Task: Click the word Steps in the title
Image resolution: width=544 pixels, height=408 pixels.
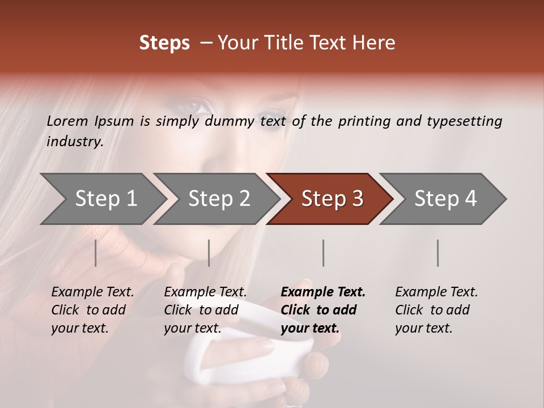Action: pos(164,43)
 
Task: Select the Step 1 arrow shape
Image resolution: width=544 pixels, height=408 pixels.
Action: pos(102,198)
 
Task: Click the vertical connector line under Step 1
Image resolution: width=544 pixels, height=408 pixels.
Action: pos(96,253)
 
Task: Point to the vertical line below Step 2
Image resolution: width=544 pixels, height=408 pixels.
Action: pos(209,253)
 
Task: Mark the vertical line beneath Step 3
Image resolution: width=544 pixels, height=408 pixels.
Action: pos(323,253)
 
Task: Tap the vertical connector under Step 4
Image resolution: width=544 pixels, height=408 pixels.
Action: pos(437,253)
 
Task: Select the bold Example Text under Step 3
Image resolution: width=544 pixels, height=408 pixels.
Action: pos(323,310)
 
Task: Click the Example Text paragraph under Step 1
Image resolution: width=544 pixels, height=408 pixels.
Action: pos(92,310)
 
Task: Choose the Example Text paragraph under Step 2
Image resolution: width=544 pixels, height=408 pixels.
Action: pos(205,310)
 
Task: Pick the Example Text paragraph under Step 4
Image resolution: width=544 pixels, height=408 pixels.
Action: pos(436,310)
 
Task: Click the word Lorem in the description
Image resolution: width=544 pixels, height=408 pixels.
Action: pos(67,121)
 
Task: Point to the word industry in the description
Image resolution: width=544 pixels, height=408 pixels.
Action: pos(75,142)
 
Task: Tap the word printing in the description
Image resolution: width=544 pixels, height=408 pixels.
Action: pos(364,121)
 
